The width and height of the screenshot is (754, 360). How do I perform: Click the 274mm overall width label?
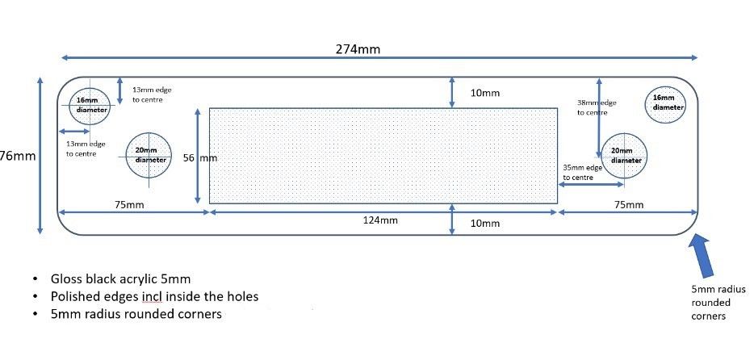pyautogui.click(x=358, y=49)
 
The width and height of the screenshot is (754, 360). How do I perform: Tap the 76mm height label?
pyautogui.click(x=18, y=157)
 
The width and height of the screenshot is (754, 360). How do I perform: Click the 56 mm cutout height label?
pyautogui.click(x=200, y=157)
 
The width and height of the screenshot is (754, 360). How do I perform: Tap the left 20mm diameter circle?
pyautogui.click(x=126, y=155)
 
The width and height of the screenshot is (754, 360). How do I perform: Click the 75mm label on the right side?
pyautogui.click(x=629, y=205)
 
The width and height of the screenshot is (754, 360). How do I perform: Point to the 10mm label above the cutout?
pyautogui.click(x=484, y=94)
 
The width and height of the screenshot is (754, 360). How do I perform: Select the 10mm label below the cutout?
pyautogui.click(x=484, y=224)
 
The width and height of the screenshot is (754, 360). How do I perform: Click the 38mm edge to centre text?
pyautogui.click(x=597, y=107)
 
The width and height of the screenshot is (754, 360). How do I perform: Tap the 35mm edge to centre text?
pyautogui.click(x=582, y=173)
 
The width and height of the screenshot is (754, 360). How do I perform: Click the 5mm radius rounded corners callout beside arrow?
pyautogui.click(x=718, y=303)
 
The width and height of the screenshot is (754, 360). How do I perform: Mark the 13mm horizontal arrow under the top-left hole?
pyautogui.click(x=74, y=132)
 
